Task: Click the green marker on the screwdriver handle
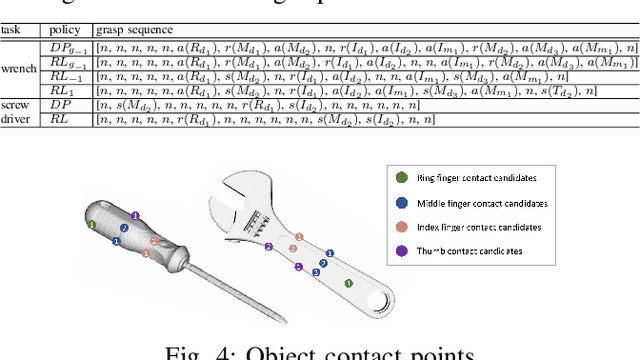pyautogui.click(x=91, y=225)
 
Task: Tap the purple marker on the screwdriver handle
pyautogui.click(x=136, y=214)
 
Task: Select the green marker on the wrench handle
pyautogui.click(x=348, y=283)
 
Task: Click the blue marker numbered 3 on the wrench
pyautogui.click(x=317, y=272)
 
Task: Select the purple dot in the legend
pyautogui.click(x=401, y=251)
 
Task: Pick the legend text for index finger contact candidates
pyautogui.click(x=476, y=226)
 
